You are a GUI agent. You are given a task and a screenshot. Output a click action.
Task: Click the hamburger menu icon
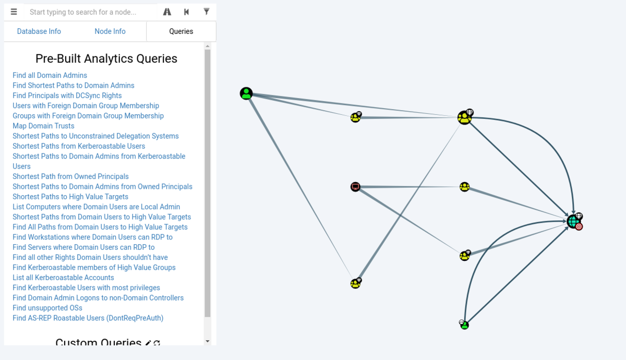coord(14,11)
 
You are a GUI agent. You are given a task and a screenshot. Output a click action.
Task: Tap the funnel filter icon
coord(206,11)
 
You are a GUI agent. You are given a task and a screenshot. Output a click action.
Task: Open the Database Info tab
coord(39,31)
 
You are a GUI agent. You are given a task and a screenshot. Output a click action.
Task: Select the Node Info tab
coord(110,31)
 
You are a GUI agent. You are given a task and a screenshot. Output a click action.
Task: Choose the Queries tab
coord(181,31)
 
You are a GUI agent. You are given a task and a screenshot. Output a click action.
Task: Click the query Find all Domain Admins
coord(50,75)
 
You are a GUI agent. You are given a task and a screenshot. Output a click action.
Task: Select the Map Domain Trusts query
coord(43,126)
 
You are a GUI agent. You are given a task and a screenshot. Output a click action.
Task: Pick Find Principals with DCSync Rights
coord(67,95)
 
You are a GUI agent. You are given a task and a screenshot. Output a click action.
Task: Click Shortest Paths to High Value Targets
coord(70,197)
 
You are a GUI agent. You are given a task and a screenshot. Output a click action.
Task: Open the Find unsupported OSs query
coord(47,308)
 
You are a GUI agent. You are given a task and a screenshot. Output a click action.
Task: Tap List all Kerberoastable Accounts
coord(63,278)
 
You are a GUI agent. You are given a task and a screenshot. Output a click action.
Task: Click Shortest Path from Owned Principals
coord(70,176)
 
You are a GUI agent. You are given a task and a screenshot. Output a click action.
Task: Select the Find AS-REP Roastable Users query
coord(88,318)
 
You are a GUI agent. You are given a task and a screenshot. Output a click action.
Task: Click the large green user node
coord(246,93)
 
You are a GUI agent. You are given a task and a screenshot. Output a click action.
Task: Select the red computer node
coord(355,187)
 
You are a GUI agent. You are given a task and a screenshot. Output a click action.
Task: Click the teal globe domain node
coord(574,222)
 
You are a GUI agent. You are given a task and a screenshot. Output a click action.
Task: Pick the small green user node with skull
coord(464,325)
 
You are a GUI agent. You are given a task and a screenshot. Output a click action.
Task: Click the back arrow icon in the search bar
coord(186,11)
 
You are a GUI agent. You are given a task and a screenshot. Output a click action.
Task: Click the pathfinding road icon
coord(167,11)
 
